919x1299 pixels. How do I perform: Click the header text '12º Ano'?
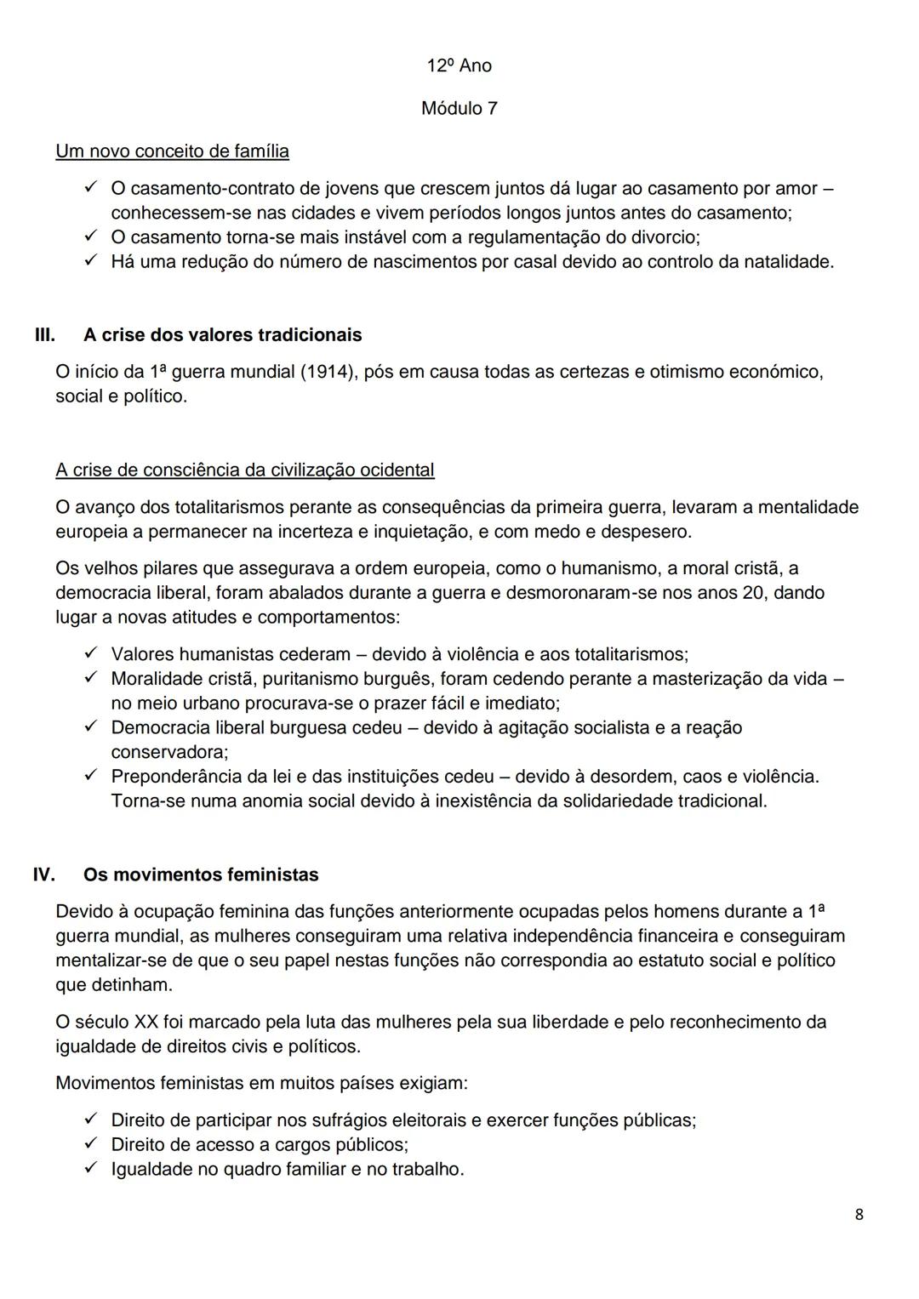[459, 66]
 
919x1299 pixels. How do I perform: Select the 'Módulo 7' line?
[459, 109]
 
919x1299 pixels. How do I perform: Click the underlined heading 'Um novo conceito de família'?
[172, 151]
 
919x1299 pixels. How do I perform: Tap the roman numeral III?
[44, 335]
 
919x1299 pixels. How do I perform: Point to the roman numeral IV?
[44, 875]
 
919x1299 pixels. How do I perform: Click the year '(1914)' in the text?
[328, 373]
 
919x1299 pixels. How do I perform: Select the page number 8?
[859, 1215]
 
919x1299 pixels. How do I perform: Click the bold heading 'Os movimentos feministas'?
[201, 875]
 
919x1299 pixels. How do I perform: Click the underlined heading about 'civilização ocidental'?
[244, 470]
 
